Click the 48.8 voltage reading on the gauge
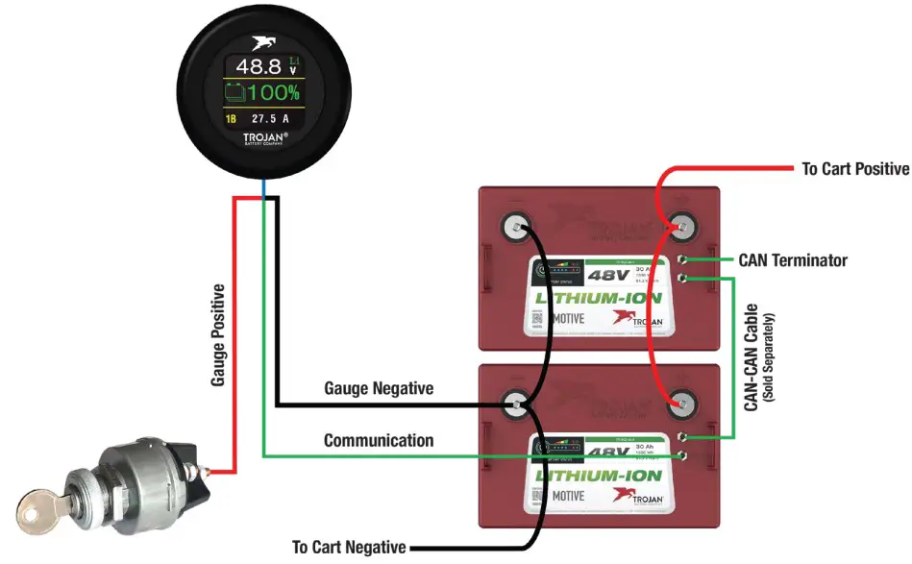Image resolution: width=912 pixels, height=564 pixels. pyautogui.click(x=257, y=66)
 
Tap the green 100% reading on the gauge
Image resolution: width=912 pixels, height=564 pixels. pyautogui.click(x=274, y=93)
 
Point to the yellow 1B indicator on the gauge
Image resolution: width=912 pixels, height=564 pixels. pyautogui.click(x=231, y=119)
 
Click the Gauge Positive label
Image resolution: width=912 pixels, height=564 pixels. pyautogui.click(x=218, y=335)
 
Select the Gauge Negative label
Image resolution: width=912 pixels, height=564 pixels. pyautogui.click(x=379, y=388)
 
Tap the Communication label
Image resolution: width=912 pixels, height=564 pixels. pyautogui.click(x=378, y=440)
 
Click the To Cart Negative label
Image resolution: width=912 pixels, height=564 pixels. pyautogui.click(x=349, y=548)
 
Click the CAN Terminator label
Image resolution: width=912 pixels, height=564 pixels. pyautogui.click(x=793, y=260)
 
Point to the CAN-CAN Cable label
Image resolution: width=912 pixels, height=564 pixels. pyautogui.click(x=752, y=357)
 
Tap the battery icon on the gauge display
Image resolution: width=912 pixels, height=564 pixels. pyautogui.click(x=235, y=93)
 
